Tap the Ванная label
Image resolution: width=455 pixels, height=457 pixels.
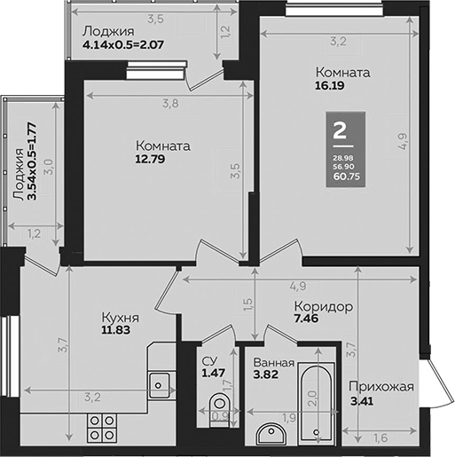[273, 362]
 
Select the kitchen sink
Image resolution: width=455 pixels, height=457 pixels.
[160, 384]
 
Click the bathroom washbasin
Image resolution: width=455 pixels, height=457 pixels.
[270, 433]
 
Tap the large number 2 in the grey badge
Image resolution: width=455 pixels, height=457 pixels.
[339, 130]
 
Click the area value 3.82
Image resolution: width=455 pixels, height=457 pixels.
[267, 376]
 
